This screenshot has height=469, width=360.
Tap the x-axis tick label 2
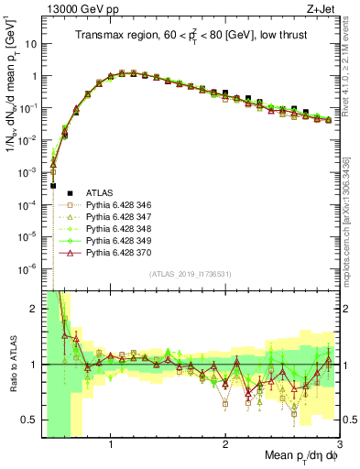coord(225,443)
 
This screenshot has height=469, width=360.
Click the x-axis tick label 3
coord(339,443)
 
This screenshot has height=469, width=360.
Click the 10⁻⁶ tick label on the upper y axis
coord(29,268)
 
